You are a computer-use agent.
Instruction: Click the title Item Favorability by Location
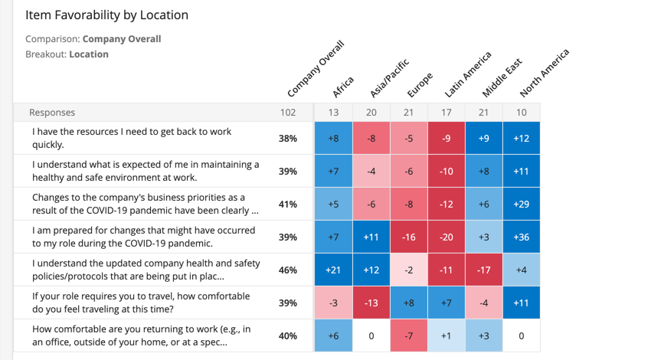[106, 15]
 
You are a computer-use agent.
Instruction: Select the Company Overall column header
[316, 70]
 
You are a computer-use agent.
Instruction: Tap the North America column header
[544, 74]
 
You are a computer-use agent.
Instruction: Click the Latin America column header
[467, 75]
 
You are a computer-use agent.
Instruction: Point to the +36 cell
[522, 237]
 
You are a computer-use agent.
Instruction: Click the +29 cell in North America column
[522, 205]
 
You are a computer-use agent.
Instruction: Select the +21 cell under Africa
[333, 270]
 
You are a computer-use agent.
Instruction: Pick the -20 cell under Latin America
[447, 237]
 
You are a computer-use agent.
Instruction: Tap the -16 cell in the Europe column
[409, 237]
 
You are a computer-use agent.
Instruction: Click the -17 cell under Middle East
[484, 270]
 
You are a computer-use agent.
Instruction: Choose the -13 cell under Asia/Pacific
[371, 303]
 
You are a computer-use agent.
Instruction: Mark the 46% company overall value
[288, 270]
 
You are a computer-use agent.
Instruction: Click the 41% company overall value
[288, 205]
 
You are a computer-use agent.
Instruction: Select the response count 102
[288, 113]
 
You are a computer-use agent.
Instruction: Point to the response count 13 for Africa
[333, 113]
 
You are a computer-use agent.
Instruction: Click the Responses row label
[52, 113]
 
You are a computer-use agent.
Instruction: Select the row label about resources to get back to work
[132, 138]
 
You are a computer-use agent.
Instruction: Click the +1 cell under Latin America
[447, 335]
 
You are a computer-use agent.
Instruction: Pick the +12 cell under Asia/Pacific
[371, 270]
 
